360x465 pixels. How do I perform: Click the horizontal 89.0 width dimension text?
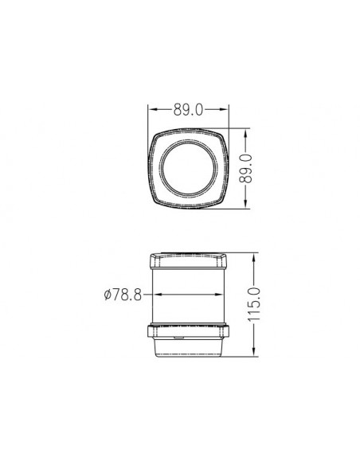[188, 109]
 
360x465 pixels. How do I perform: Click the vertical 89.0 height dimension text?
[245, 168]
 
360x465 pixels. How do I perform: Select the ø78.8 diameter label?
[123, 295]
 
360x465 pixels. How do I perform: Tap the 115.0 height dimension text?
[254, 304]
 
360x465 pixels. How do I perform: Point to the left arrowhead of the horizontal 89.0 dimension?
[152, 109]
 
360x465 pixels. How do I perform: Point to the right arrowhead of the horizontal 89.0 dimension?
[225, 109]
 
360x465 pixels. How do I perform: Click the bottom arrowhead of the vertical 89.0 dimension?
[245, 204]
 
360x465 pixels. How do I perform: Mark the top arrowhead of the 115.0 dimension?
[254, 257]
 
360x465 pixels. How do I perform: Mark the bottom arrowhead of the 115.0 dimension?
[254, 352]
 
